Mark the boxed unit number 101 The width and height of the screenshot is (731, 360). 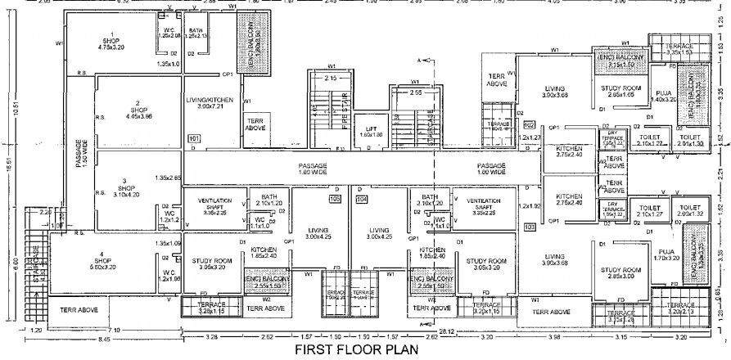coord(193,139)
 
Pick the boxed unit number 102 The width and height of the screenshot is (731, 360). coord(529,125)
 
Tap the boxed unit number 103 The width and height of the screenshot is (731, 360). coord(529,226)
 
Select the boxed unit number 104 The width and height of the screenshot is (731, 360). coord(362,199)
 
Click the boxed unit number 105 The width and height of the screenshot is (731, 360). coord(334,199)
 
